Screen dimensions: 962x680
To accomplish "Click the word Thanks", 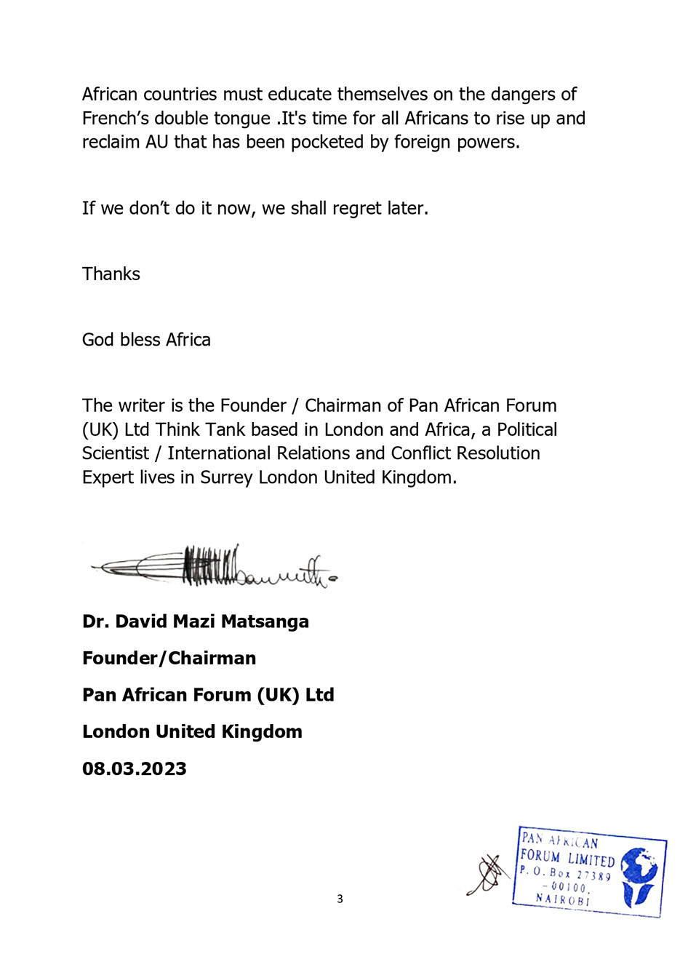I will pyautogui.click(x=111, y=274).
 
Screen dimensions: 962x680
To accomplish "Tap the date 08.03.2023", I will pyautogui.click(x=134, y=768).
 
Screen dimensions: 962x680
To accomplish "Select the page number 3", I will pyautogui.click(x=340, y=899).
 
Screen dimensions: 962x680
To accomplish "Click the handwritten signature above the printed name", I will pyautogui.click(x=215, y=567).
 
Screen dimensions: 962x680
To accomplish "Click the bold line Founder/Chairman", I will pyautogui.click(x=169, y=658).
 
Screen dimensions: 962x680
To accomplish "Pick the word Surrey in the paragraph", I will pyautogui.click(x=226, y=477).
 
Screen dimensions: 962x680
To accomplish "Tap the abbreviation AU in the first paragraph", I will pyautogui.click(x=156, y=142).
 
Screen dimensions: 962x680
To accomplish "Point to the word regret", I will pyautogui.click(x=356, y=208).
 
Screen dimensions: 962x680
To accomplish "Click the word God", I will pyautogui.click(x=98, y=340).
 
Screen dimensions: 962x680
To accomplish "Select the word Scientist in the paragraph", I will pyautogui.click(x=116, y=453).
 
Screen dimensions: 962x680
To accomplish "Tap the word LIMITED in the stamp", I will pyautogui.click(x=591, y=860).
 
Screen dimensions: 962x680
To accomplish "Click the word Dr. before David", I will pyautogui.click(x=95, y=621).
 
